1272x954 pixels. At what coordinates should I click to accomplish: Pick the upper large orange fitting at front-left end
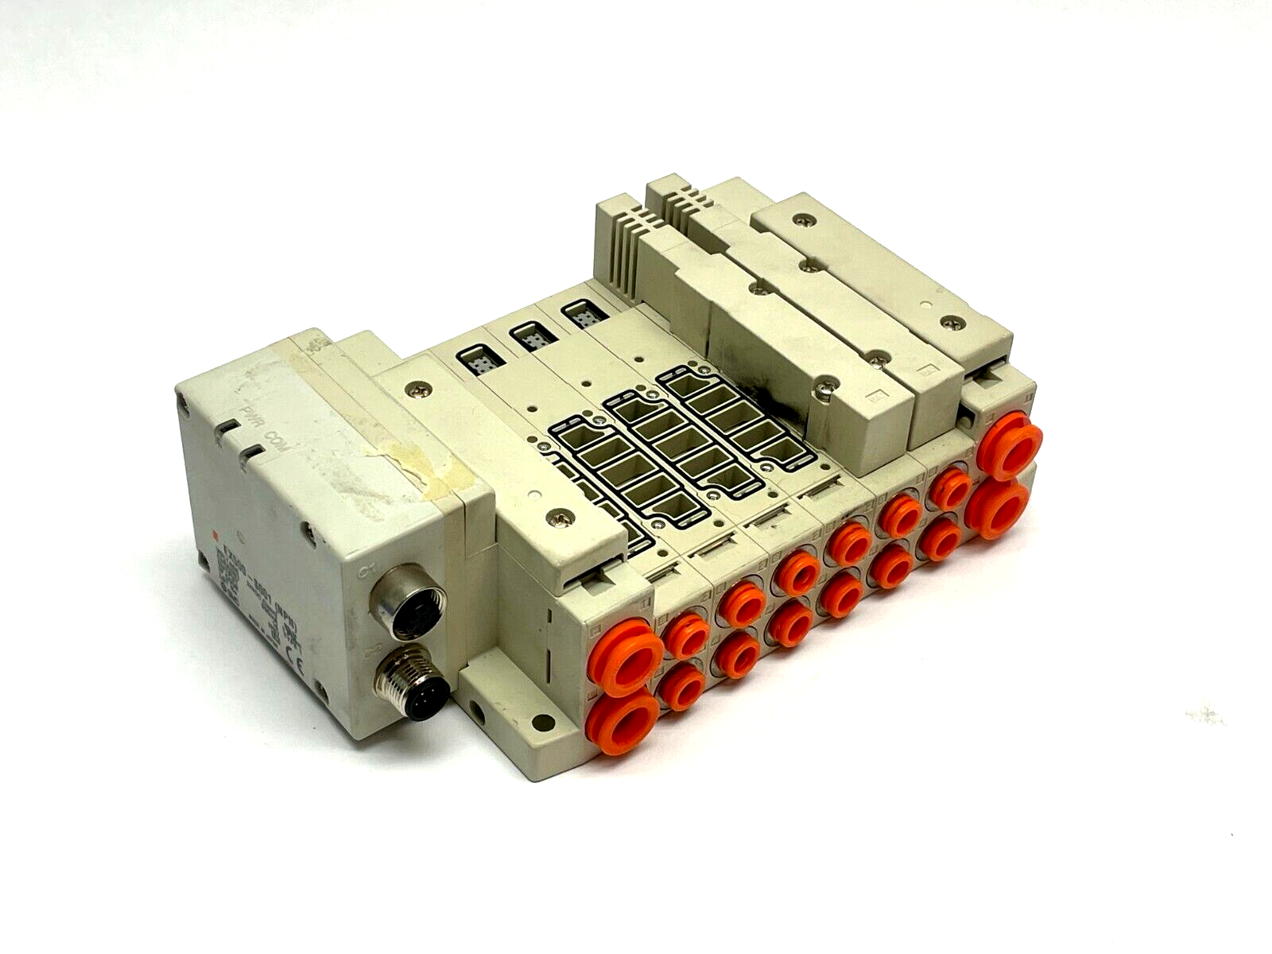624,657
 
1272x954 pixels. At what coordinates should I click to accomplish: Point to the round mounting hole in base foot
543,723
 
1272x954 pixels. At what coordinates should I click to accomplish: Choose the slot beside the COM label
253,456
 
